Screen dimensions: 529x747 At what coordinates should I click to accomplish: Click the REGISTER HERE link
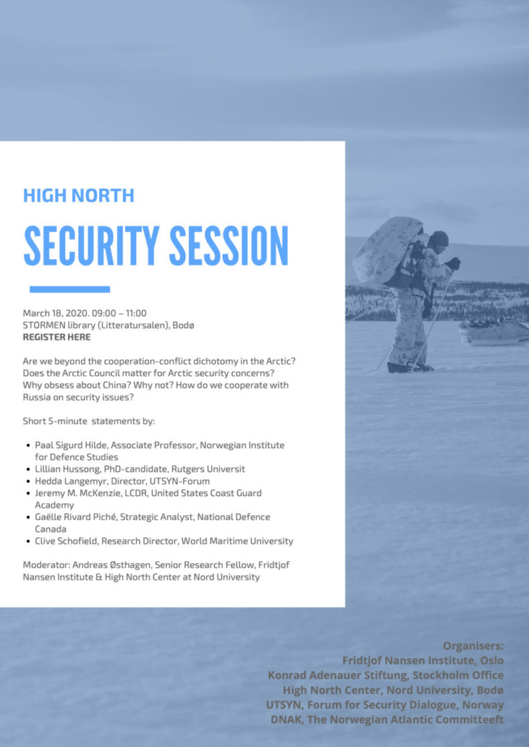[57, 338]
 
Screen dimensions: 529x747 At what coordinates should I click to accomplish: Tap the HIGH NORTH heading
[79, 196]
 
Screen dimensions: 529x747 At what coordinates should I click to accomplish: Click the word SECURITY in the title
[91, 246]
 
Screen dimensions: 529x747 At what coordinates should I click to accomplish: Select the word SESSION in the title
[229, 246]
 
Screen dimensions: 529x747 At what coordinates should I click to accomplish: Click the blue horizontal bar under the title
[70, 289]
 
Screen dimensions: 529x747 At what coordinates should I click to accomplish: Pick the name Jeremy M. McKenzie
[70, 493]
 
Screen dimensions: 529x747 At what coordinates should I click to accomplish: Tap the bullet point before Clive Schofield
[28, 541]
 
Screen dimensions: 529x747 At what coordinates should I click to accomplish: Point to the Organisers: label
[473, 646]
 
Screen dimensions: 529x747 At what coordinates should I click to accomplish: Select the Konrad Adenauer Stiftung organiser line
[386, 676]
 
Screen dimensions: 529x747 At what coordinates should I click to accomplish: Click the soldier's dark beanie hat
[438, 238]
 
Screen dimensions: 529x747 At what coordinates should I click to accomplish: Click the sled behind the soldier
[493, 331]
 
